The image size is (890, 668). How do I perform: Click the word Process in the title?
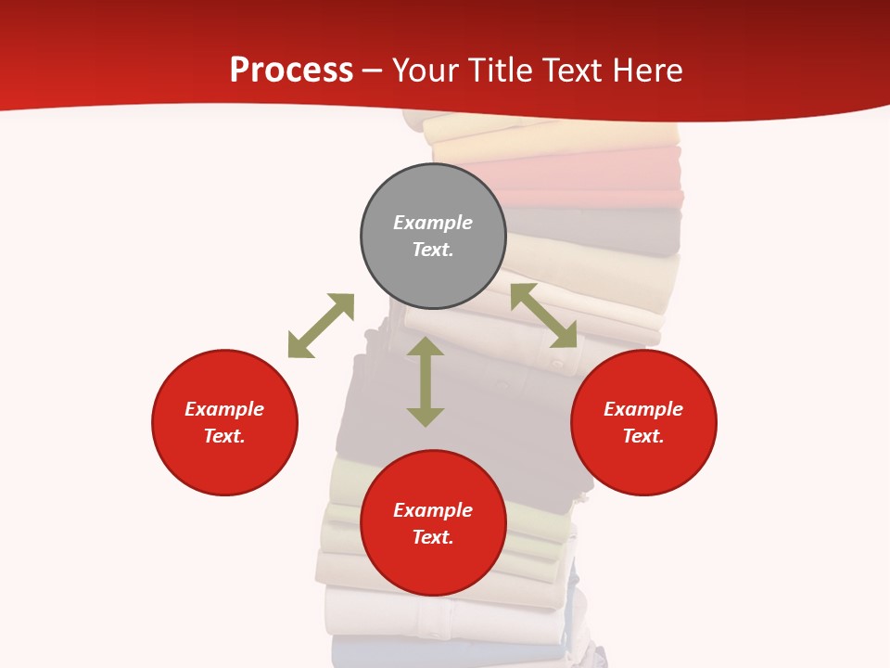point(291,71)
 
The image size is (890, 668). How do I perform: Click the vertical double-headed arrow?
point(426,381)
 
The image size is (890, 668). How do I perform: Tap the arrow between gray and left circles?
point(321,325)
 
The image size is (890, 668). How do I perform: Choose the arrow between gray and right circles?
point(544,315)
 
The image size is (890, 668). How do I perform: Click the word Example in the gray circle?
point(433,223)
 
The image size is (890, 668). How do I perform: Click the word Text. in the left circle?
point(224,436)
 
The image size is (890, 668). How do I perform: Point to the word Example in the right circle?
point(643,409)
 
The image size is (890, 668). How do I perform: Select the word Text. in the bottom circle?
point(433,537)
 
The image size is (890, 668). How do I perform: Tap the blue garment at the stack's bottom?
point(445,653)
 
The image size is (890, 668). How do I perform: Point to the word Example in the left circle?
point(224,409)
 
